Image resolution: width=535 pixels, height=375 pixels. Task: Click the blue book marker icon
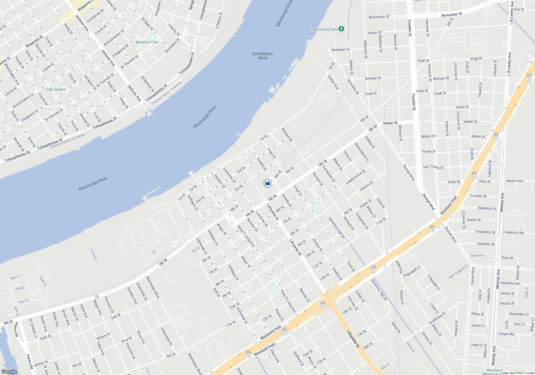click(267, 183)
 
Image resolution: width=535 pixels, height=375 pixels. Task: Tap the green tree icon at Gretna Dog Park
click(341, 29)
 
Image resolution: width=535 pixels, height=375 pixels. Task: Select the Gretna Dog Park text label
click(324, 29)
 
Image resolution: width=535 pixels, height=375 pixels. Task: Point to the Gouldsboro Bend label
click(262, 56)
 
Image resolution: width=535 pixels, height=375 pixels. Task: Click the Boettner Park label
click(147, 42)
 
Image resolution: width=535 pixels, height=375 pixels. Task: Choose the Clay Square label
click(56, 89)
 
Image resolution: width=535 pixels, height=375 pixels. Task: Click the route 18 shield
click(96, 297)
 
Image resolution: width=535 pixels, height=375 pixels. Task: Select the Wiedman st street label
click(340, 50)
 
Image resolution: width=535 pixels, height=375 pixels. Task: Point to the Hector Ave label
click(514, 181)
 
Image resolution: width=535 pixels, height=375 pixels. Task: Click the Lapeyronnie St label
click(355, 177)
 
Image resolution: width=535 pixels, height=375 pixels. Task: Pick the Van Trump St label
click(433, 167)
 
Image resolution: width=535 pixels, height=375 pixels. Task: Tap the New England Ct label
click(458, 271)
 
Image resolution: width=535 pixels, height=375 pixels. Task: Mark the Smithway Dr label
click(437, 318)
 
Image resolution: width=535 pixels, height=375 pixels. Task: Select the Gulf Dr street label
click(216, 292)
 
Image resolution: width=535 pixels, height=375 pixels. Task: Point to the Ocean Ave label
click(333, 82)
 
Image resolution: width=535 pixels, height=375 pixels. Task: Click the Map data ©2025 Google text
click(518, 373)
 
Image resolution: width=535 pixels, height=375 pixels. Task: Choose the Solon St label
click(462, 107)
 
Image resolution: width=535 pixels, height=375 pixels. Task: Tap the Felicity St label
click(174, 30)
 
